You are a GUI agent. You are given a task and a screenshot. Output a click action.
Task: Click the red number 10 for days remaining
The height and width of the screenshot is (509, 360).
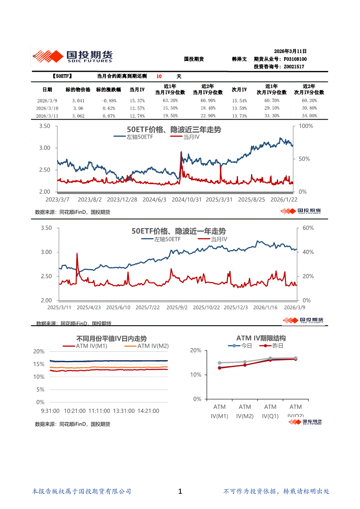tap(159, 76)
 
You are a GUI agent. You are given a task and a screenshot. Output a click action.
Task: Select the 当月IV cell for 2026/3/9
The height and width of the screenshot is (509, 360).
tap(137, 101)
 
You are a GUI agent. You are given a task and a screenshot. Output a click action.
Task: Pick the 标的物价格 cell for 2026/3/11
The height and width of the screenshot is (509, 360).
tap(78, 116)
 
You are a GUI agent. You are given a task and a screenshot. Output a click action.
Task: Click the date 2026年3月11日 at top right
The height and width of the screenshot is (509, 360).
tap(290, 51)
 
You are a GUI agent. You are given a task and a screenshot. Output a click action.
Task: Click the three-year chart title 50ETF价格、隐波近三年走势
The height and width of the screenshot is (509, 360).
tap(173, 130)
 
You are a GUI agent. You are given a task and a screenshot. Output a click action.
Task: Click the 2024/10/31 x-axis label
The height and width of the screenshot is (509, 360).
tap(187, 199)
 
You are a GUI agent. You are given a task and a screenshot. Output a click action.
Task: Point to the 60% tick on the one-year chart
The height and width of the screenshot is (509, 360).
tap(308, 228)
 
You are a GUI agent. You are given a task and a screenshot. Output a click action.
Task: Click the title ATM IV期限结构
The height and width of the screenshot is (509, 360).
tap(261, 338)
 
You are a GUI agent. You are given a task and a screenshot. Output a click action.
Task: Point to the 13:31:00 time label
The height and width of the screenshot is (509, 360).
tap(123, 411)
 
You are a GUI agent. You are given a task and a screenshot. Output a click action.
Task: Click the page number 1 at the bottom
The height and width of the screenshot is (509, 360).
tap(180, 492)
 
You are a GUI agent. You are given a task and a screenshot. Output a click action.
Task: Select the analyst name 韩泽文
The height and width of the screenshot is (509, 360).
tap(239, 59)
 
